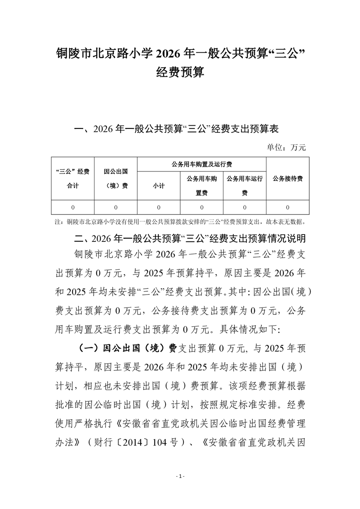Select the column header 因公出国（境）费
115,178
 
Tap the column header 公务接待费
287,178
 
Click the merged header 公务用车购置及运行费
201,164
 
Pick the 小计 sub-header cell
158,186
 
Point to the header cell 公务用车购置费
202,186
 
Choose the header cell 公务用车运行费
244,186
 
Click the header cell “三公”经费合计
72,178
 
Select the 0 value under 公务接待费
287,207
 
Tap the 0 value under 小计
158,207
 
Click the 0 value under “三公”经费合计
72,207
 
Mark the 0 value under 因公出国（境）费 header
115,207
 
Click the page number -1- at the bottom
180,476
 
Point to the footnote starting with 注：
180,222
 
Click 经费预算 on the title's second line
180,73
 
